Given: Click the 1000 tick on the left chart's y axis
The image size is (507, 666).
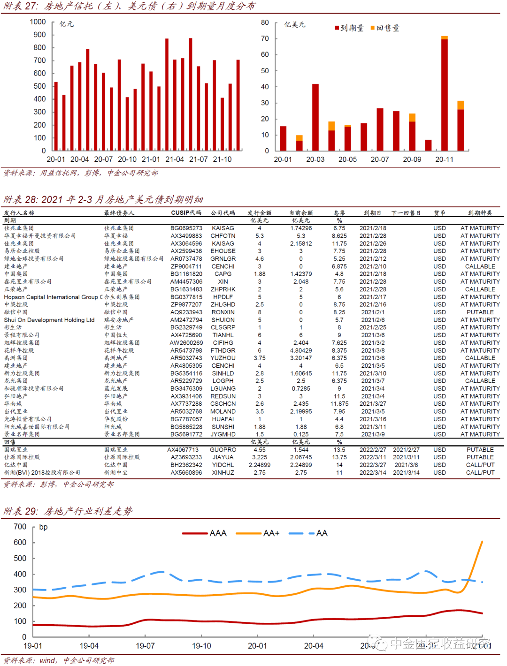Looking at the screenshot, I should click(x=38, y=22).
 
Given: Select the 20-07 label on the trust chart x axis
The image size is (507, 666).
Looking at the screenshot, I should click(x=103, y=159).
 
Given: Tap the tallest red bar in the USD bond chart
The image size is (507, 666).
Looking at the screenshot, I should click(x=444, y=94).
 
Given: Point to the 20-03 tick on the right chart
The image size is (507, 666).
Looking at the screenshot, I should click(x=315, y=159).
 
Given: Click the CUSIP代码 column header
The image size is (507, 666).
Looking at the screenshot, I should click(x=186, y=213).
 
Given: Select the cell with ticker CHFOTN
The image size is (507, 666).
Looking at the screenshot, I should click(x=223, y=236).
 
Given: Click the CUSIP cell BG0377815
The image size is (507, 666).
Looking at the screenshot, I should click(x=186, y=297).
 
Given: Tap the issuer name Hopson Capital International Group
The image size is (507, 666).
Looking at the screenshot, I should click(x=51, y=297).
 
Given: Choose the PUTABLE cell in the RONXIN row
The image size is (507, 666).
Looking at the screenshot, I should click(x=480, y=312).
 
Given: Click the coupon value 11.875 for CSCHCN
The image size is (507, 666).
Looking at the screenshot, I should click(x=339, y=404).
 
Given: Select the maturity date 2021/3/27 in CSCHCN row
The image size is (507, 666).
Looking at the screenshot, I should click(x=373, y=404).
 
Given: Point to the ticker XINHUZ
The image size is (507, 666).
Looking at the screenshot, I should click(x=223, y=473).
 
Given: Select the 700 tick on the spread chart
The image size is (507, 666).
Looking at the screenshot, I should click(x=20, y=527).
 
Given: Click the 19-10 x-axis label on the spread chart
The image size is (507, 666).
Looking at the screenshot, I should click(x=201, y=646).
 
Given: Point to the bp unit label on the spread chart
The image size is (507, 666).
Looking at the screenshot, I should click(x=43, y=527).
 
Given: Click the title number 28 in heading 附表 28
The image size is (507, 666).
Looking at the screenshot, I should click(x=31, y=200).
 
